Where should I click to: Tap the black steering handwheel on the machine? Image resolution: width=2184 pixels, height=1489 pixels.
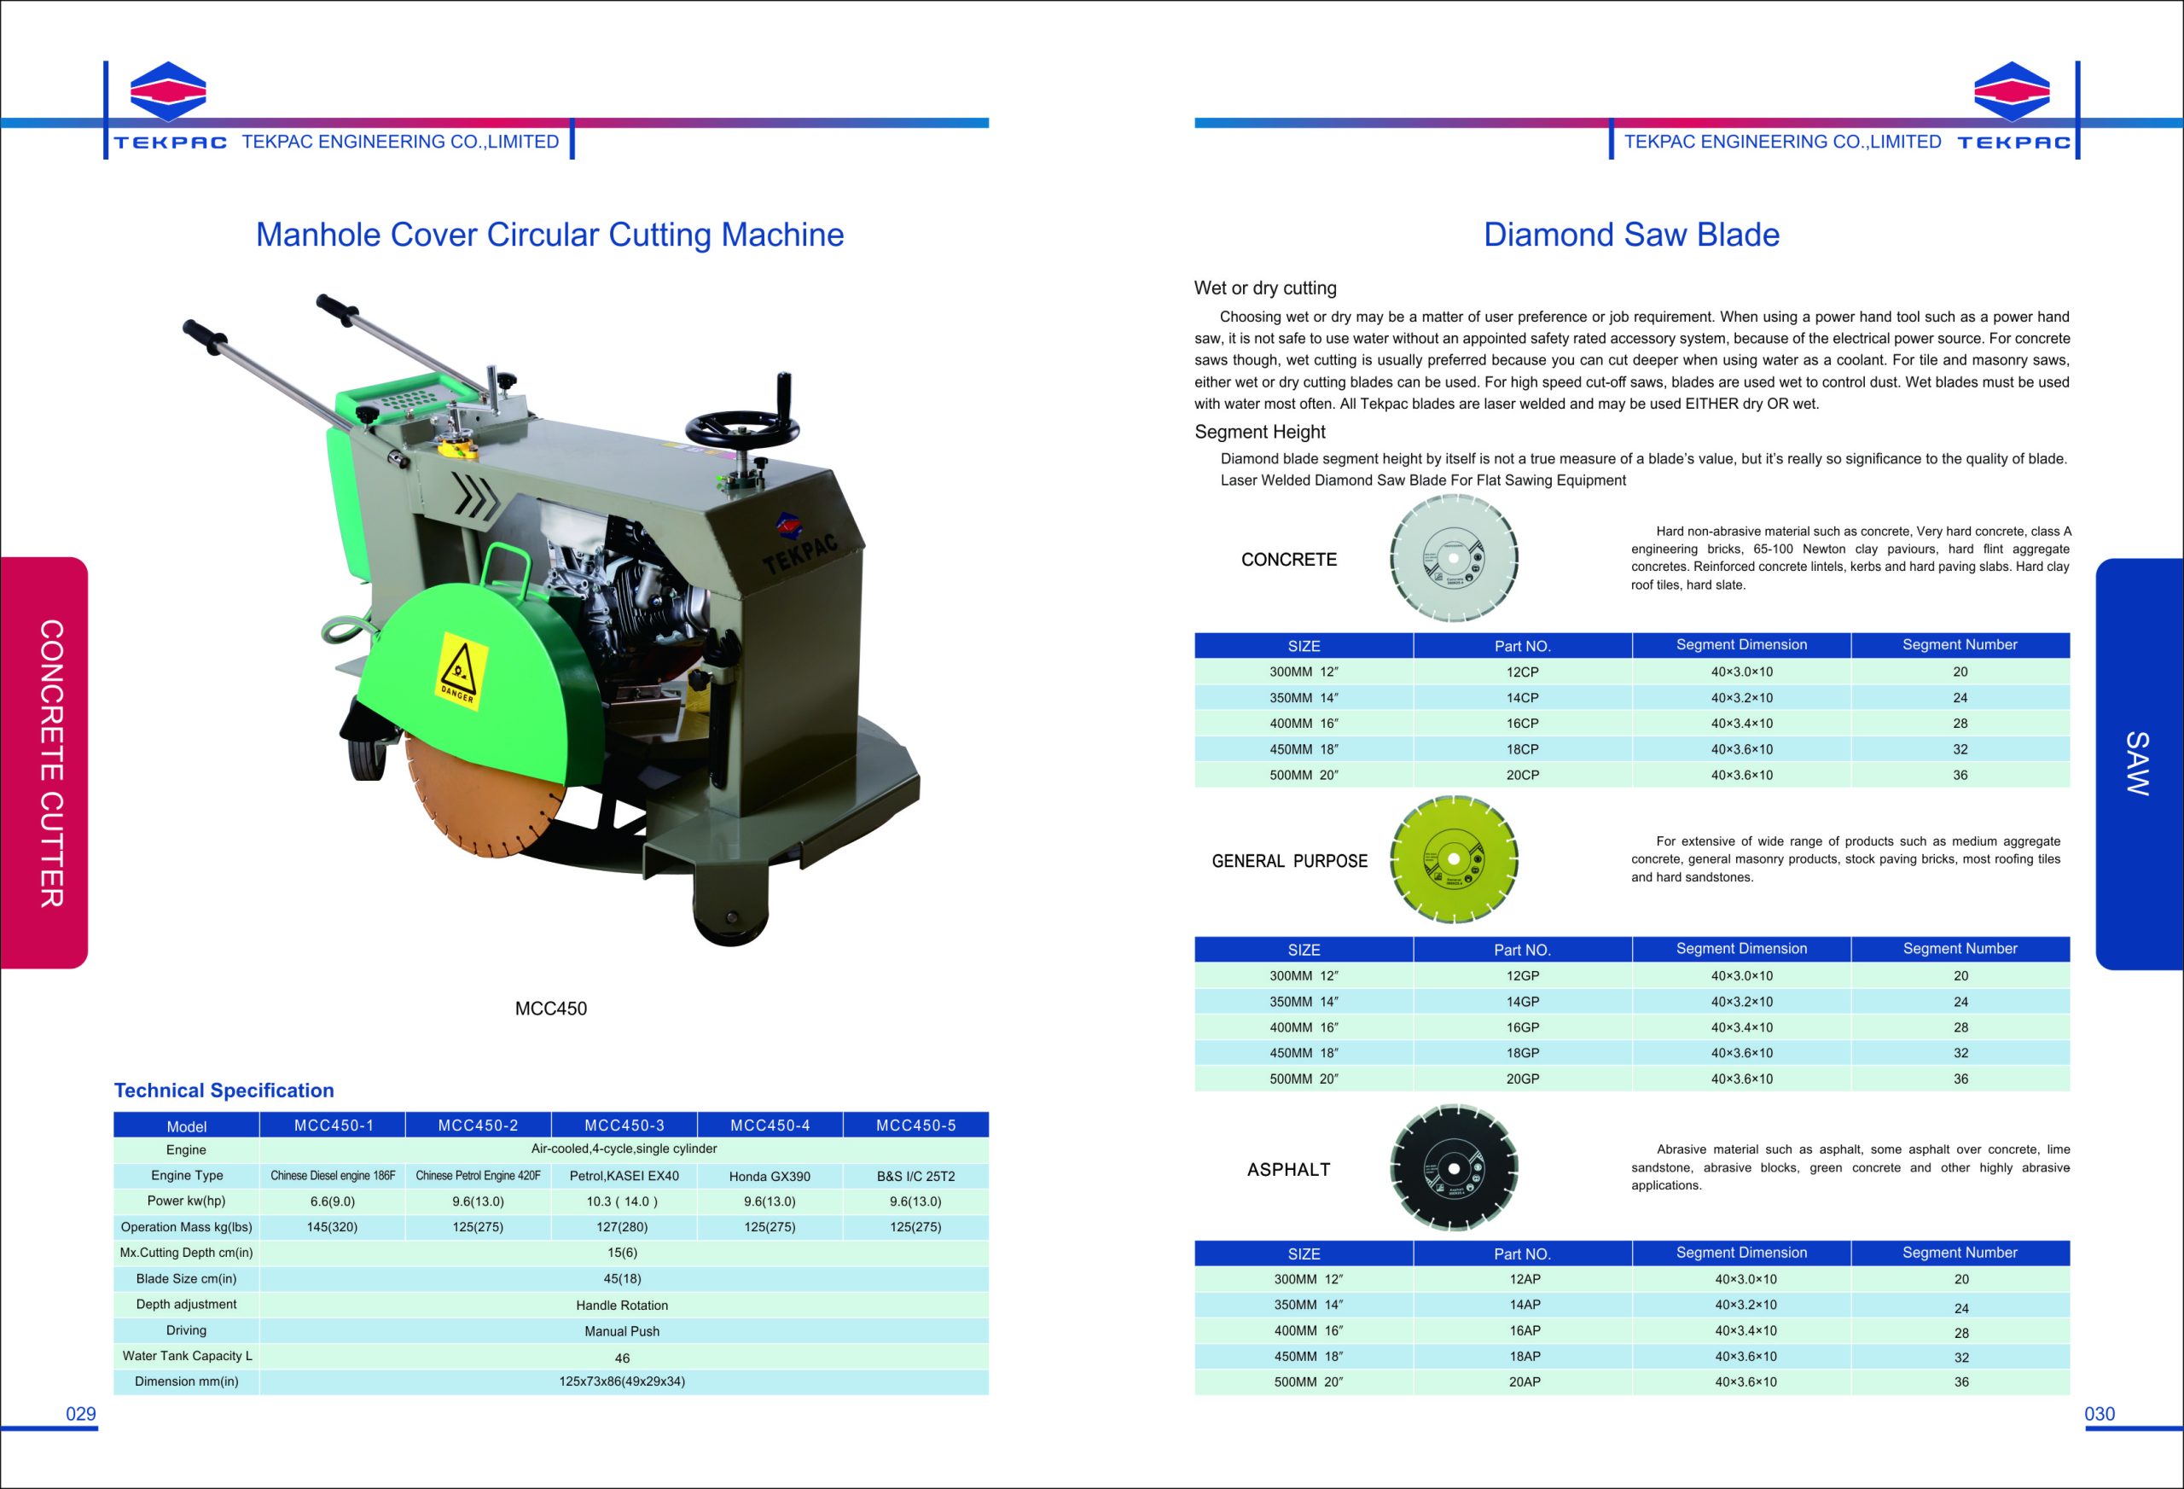pyautogui.click(x=742, y=431)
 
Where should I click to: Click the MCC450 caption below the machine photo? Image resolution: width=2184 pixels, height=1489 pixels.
pyautogui.click(x=551, y=1009)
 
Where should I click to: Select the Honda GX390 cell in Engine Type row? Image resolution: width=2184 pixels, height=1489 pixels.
pyautogui.click(x=770, y=1176)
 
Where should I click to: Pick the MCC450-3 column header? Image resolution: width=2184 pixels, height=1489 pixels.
pyautogui.click(x=624, y=1125)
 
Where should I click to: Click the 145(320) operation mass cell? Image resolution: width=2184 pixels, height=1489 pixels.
pyautogui.click(x=332, y=1227)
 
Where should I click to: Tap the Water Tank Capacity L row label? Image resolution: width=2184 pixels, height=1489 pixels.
pyautogui.click(x=187, y=1356)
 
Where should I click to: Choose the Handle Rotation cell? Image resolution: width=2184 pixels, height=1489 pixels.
pyautogui.click(x=622, y=1305)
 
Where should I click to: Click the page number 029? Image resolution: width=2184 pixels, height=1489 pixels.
pyautogui.click(x=81, y=1414)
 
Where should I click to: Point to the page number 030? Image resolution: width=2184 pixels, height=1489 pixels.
pyautogui.click(x=2100, y=1414)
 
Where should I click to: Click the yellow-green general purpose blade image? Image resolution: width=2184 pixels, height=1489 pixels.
pyautogui.click(x=1454, y=859)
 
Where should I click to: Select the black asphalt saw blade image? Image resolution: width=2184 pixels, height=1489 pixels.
pyautogui.click(x=1454, y=1167)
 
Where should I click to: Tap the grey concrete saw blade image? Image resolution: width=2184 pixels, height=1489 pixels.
pyautogui.click(x=1454, y=557)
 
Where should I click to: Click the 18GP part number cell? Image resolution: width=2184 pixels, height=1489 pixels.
pyautogui.click(x=1523, y=1053)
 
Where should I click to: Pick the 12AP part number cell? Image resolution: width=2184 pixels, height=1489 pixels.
pyautogui.click(x=1525, y=1279)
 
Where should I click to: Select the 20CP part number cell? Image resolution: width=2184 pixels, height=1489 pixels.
pyautogui.click(x=1523, y=776)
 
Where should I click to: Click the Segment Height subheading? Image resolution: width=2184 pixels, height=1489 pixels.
pyautogui.click(x=1259, y=432)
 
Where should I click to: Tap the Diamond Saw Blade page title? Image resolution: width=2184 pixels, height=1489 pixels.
pyautogui.click(x=1631, y=235)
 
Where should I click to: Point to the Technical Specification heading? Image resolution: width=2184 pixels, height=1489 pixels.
pyautogui.click(x=224, y=1091)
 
